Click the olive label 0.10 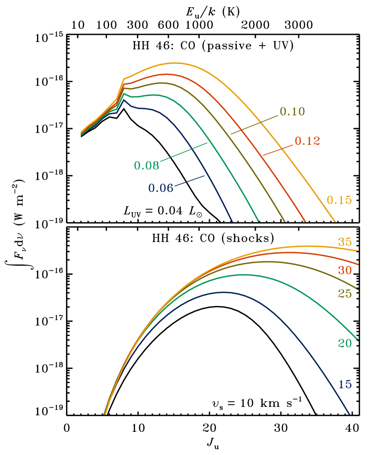coord(292,112)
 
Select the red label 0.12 coord(307,141)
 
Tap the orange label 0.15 coord(339,200)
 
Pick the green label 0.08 coord(146,165)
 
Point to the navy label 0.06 coord(160,188)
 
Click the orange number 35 coord(345,242)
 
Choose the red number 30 coord(345,270)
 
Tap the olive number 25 coord(345,294)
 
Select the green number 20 coord(345,343)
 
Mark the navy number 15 coord(345,384)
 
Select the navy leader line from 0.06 coord(189,181)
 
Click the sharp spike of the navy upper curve coord(124,100)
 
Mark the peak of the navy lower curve coord(223,292)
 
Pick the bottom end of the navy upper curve coord(232,220)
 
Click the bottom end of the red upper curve coord(306,221)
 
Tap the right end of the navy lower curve coord(349,414)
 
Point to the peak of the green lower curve coord(243,275)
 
